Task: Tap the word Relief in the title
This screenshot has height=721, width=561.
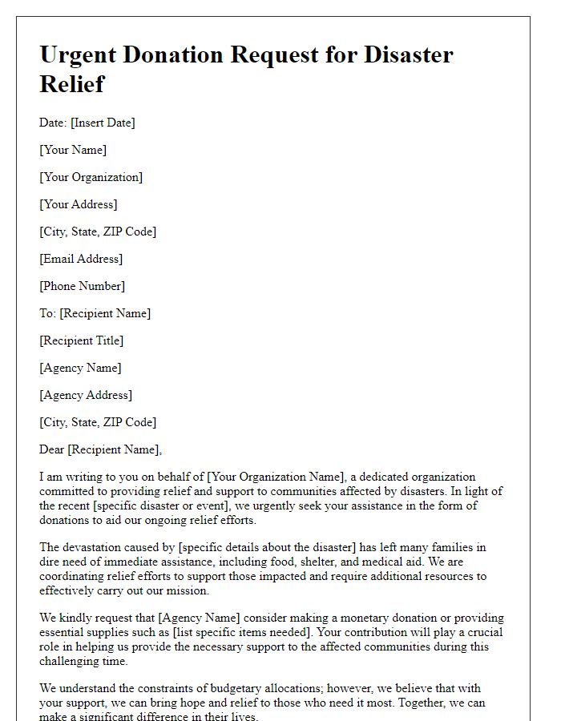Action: [71, 83]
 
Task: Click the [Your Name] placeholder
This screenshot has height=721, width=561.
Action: [73, 150]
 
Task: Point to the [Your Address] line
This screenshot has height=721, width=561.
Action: [79, 204]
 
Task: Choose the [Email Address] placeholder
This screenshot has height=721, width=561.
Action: [81, 259]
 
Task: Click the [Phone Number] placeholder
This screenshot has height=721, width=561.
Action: [82, 286]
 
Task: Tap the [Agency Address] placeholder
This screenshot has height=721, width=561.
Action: [86, 395]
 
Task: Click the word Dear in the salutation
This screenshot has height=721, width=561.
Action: [52, 449]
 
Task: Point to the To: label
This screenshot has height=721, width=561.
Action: [47, 313]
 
